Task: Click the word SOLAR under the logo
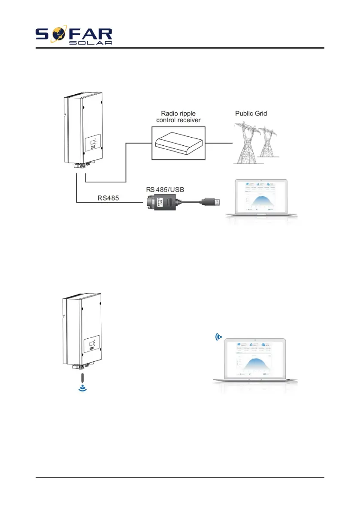[91, 43]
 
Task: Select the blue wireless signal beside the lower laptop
[219, 337]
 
